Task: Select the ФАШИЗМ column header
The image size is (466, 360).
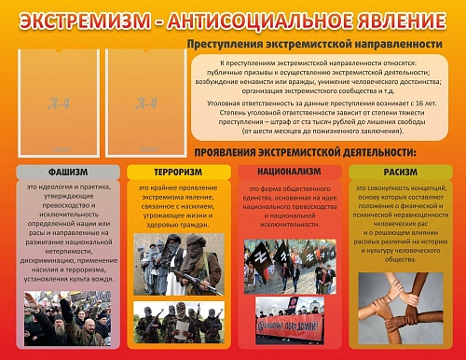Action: coord(67,173)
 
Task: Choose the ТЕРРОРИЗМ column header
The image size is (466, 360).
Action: coord(179,173)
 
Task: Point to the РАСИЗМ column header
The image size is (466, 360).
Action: coord(401,173)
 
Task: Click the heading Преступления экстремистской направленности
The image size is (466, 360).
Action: coord(314,44)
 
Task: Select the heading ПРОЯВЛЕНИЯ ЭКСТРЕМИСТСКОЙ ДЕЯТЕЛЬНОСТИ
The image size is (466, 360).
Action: coord(306,151)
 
